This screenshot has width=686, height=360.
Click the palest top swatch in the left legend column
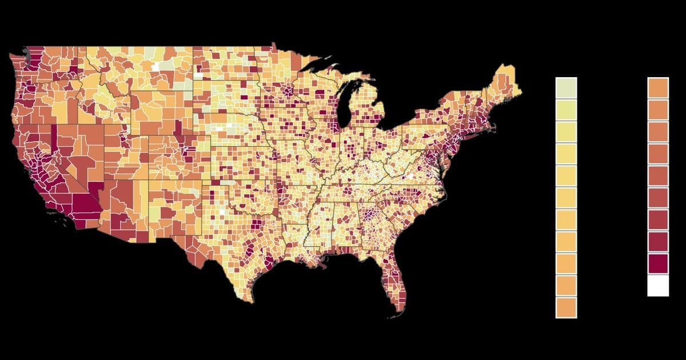(566, 88)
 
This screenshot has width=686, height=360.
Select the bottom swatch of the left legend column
(566, 307)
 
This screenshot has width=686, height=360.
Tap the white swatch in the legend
(658, 285)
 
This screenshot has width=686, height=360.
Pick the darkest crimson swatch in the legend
(658, 263)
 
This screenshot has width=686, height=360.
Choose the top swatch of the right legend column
(658, 88)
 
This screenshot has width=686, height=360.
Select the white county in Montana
(155, 67)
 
